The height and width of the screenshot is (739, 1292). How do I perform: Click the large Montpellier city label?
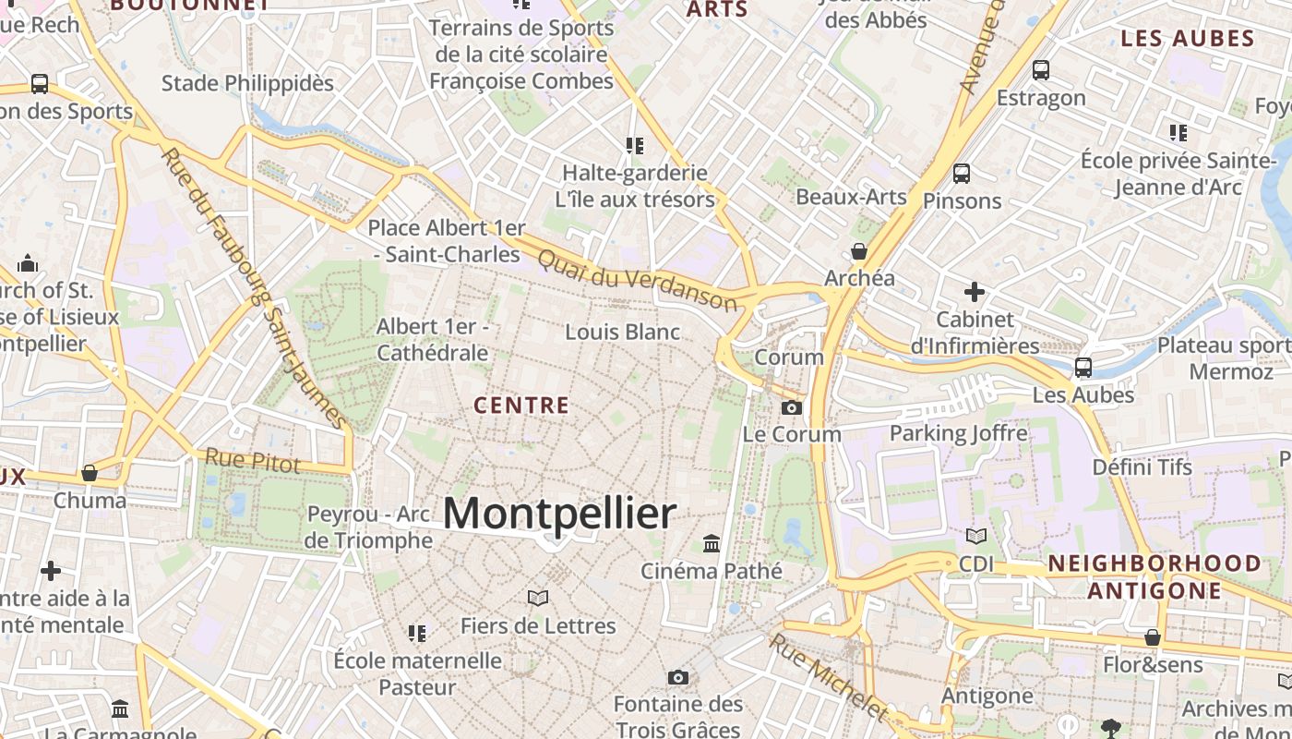559,514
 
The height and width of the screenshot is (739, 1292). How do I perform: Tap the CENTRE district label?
521,405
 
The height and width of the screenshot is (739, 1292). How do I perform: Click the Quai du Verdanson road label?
637,280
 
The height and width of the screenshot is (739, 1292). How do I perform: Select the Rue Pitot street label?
252,460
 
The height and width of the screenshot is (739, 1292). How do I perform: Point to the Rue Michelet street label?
827,676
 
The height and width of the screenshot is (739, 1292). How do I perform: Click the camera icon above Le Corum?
791,407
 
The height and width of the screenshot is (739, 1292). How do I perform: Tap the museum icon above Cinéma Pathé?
711,543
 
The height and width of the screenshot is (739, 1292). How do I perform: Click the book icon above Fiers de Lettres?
537,599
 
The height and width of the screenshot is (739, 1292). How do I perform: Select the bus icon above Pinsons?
961,173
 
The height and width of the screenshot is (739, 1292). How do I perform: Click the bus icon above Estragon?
1040,69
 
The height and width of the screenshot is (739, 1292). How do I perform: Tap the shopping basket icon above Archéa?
859,251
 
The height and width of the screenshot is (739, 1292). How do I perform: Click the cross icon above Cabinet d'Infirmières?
974,292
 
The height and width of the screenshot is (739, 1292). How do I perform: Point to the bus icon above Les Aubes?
1083,368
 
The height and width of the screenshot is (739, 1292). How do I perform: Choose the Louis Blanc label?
622,332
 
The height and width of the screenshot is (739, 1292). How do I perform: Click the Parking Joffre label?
958,432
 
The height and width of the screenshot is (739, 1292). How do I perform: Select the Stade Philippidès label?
247,83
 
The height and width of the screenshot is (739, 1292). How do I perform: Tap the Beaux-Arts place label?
851,197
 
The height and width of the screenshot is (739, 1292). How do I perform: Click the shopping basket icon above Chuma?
90,473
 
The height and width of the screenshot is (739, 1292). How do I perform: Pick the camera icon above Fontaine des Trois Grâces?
677,677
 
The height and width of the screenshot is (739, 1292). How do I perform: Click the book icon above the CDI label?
975,536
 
